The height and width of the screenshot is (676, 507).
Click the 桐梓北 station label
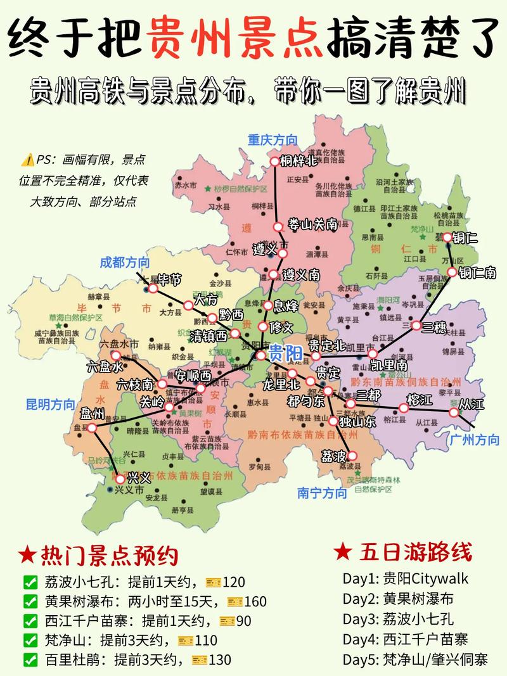click(298, 161)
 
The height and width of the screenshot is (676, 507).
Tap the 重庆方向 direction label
click(273, 141)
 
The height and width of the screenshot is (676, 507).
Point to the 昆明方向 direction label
click(50, 404)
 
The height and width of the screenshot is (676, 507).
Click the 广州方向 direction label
click(474, 440)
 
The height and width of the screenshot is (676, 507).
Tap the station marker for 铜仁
click(447, 238)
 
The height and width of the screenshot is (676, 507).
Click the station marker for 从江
click(454, 412)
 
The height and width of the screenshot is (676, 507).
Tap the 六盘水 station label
click(105, 367)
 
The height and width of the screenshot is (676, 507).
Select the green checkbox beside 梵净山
click(30, 640)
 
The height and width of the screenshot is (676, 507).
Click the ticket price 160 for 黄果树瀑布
click(255, 601)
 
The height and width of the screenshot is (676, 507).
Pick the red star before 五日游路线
click(342, 552)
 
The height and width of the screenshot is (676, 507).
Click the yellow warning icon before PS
click(27, 159)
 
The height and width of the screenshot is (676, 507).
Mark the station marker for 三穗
click(416, 326)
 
